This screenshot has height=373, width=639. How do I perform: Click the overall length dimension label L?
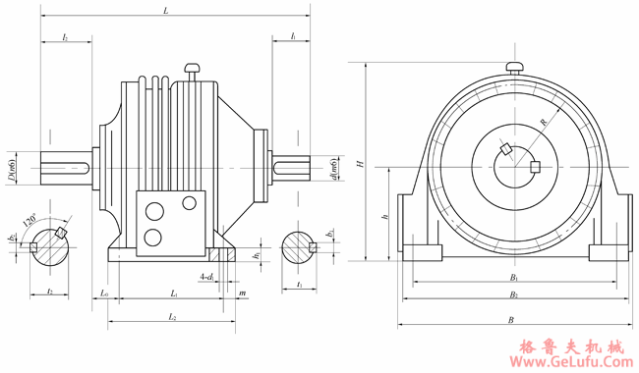tap(165, 11)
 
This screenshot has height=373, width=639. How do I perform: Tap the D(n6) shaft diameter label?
tap(12, 167)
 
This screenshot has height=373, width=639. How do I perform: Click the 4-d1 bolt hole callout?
tap(206, 277)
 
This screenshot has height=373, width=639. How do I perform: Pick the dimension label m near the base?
tap(242, 293)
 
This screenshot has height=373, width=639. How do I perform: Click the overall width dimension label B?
tap(510, 319)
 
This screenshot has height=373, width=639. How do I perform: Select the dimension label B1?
tap(513, 278)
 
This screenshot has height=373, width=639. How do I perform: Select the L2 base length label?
tap(173, 317)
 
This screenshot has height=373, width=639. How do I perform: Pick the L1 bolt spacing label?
tap(173, 293)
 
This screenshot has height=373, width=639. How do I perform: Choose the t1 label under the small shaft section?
tap(299, 286)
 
